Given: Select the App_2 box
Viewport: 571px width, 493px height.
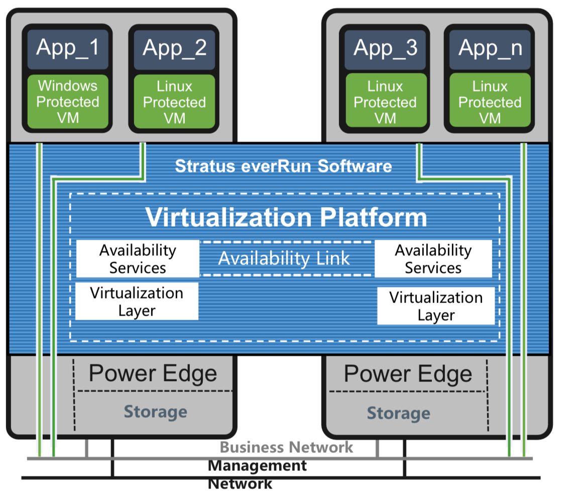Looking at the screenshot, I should coord(174,48).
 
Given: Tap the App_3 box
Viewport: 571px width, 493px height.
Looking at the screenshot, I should coord(385,48).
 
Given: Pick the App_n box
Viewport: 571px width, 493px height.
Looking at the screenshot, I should coord(490,48).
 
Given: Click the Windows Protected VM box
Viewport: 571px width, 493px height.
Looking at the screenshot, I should coord(68,102).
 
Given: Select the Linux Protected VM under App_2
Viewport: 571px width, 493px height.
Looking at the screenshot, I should coord(174,102).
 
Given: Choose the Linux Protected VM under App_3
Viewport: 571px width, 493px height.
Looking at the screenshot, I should coord(385,102).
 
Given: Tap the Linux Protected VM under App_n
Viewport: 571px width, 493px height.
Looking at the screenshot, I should coord(490,102).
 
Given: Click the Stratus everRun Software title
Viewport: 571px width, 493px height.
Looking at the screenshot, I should coord(283,166).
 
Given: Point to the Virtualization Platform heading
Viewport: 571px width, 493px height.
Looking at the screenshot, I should coord(286,217).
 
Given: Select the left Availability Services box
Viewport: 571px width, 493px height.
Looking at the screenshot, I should coord(138,259).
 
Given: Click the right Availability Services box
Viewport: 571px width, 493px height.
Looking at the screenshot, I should coord(433,259).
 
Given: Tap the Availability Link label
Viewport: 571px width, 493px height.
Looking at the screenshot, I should coord(284,259).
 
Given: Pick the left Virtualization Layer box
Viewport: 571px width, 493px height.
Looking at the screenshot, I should coord(137,302).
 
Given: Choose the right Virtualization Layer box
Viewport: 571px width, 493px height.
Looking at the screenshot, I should coord(436,306).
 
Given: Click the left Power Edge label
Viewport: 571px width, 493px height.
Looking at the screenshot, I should coord(153,373).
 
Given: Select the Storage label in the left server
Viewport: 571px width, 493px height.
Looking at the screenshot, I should coord(155,412).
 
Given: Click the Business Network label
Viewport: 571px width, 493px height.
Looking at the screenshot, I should coord(286,447).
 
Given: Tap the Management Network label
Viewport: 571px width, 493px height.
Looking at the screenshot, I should coord(257,474).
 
